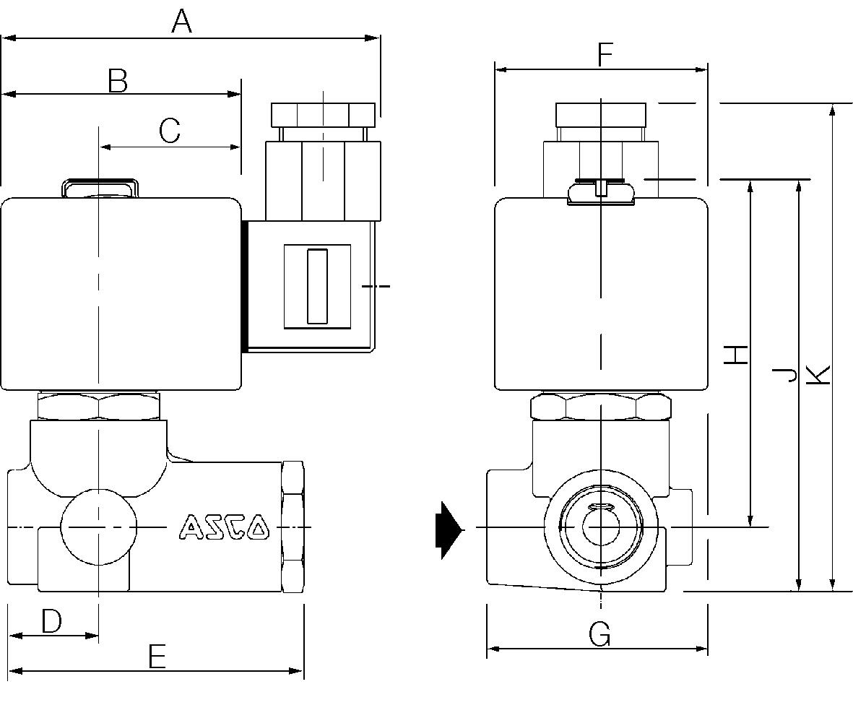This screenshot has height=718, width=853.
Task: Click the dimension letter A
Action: [x=182, y=21]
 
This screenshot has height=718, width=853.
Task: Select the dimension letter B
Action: [x=118, y=81]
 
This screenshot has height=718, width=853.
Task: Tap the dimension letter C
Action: [x=169, y=131]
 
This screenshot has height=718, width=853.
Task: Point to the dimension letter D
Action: [x=51, y=621]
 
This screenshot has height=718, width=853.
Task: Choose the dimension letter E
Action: [x=157, y=657]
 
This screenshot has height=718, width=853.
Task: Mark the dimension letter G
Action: [x=599, y=634]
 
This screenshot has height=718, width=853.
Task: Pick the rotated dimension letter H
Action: [x=736, y=354]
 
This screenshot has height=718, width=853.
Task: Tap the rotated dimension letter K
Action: [x=819, y=373]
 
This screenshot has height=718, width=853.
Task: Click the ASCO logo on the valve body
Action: [x=224, y=527]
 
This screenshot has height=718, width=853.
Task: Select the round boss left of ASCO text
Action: [x=98, y=527]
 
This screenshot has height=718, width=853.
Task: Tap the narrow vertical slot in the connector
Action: [x=317, y=286]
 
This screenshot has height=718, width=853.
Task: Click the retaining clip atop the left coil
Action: [x=99, y=187]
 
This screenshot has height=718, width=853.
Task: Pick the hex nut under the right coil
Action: [x=600, y=407]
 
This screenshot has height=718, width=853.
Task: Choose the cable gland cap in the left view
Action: [x=323, y=114]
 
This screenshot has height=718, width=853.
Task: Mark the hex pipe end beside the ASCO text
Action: [x=293, y=527]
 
